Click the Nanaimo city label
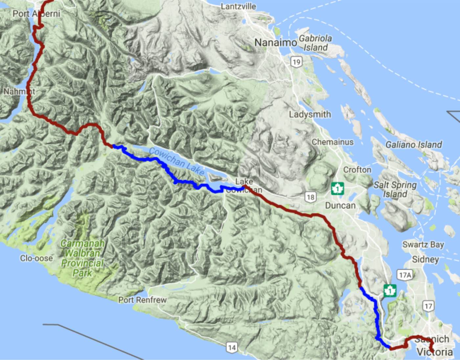275,43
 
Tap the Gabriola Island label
315,43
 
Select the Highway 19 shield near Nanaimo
296,61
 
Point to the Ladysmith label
310,114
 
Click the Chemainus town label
333,142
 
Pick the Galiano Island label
413,144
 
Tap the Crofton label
357,169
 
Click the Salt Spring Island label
395,189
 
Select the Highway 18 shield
310,197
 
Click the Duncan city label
340,206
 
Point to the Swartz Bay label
423,244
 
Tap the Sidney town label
425,259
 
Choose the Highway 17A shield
404,275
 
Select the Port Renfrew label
142,300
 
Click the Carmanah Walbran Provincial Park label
82,258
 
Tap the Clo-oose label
36,258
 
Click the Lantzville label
238,6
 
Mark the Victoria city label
434,352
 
